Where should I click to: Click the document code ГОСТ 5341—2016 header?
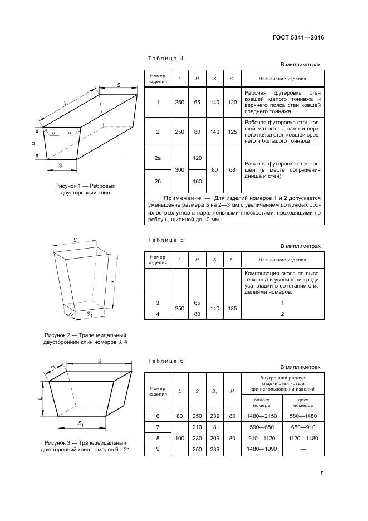[x=298, y=37]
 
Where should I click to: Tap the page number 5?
[x=322, y=474]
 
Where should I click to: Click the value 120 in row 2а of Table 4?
[x=197, y=159]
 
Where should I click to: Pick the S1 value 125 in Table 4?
[x=232, y=132]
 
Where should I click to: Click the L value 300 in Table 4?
[x=179, y=169]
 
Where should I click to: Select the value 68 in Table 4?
[x=232, y=169]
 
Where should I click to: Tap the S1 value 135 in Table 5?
[x=232, y=308]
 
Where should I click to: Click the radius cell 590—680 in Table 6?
[x=262, y=427]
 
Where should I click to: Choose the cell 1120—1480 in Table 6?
[x=304, y=438]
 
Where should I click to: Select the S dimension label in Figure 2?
[x=75, y=240]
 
